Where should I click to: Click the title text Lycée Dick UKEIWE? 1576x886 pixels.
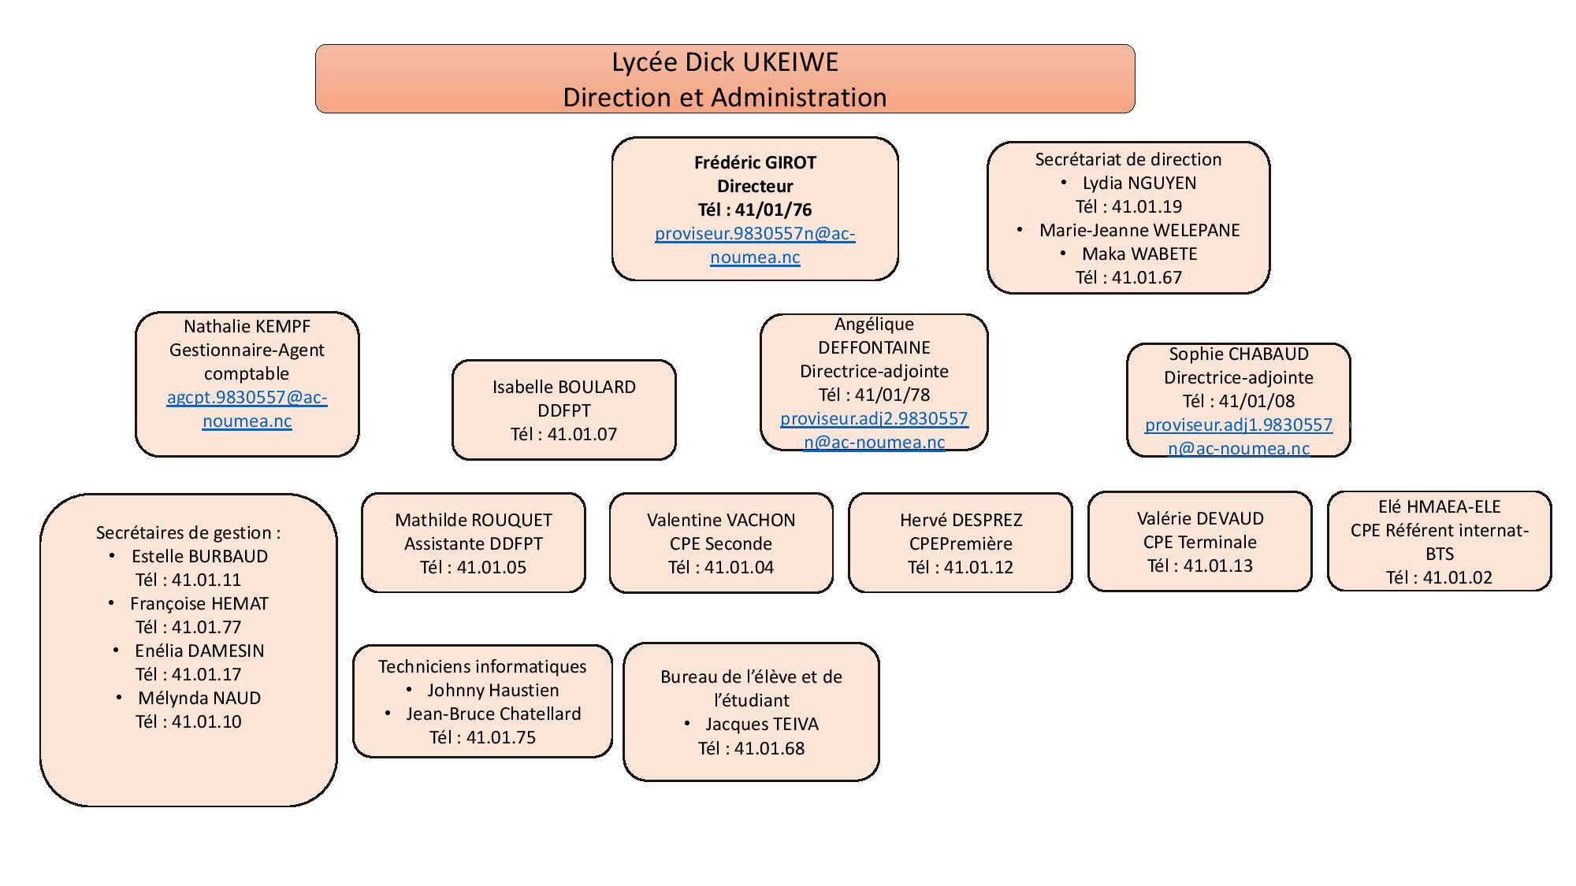click(x=725, y=62)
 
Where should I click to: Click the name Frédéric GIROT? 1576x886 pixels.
click(x=755, y=162)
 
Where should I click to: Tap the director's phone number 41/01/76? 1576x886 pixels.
click(x=772, y=209)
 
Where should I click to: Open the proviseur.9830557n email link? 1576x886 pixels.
click(x=755, y=234)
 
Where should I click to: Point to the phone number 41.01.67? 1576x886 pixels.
click(x=1147, y=277)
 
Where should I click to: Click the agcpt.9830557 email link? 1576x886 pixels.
click(x=247, y=398)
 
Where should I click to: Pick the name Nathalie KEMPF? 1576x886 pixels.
click(x=247, y=326)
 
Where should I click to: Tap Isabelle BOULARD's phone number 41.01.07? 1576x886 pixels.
click(x=582, y=434)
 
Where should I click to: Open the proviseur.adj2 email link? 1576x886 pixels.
click(x=874, y=419)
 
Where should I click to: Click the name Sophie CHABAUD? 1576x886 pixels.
click(x=1238, y=354)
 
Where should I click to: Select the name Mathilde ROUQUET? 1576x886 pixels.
click(x=473, y=520)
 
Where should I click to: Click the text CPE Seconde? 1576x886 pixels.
click(x=720, y=543)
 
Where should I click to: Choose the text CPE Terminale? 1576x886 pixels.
click(x=1199, y=542)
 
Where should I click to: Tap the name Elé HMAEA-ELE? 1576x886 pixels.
click(x=1439, y=506)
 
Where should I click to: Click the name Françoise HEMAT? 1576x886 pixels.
click(x=199, y=603)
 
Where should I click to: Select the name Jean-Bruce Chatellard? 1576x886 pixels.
click(x=493, y=714)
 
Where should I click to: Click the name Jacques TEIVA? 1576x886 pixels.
click(x=761, y=724)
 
